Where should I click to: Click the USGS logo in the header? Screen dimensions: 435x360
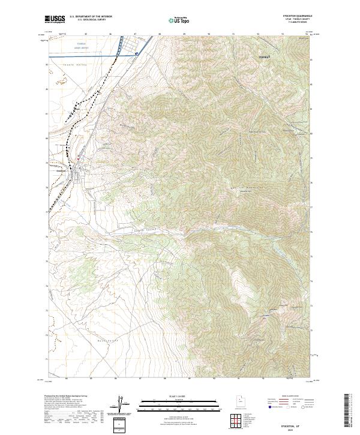pos(56,19)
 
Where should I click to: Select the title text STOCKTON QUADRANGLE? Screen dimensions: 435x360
pos(299,16)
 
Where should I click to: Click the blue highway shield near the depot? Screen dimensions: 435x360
pos(137,53)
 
